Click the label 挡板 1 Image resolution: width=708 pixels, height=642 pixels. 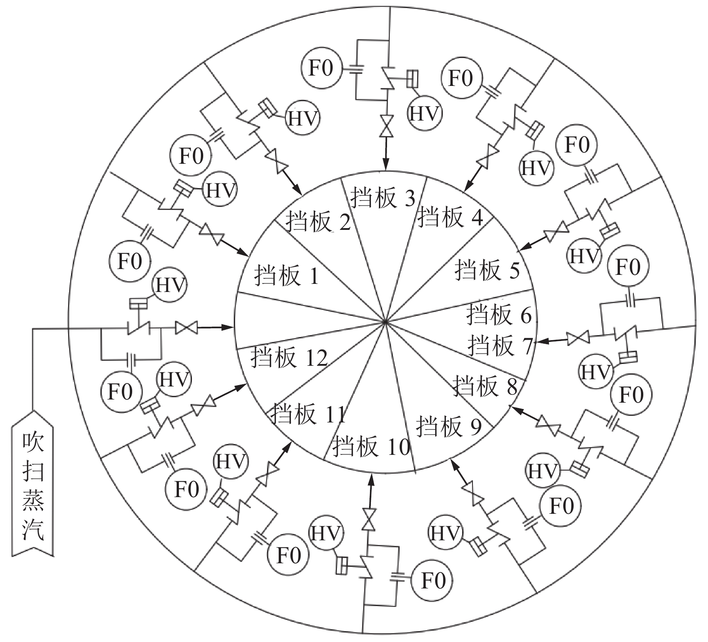(x=286, y=275)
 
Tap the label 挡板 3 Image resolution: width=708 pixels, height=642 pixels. (x=382, y=198)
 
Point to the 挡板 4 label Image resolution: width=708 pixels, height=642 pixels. (x=450, y=217)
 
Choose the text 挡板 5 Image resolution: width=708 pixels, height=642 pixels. (x=487, y=270)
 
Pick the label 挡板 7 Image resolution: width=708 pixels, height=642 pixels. (x=500, y=346)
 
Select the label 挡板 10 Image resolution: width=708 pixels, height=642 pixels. (x=371, y=447)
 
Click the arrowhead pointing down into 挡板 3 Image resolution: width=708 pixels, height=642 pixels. (x=385, y=167)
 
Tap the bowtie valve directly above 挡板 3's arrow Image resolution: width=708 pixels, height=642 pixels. (x=385, y=126)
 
